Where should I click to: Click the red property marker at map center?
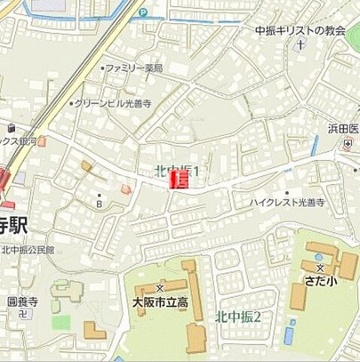(179, 179)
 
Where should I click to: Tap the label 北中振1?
(176, 172)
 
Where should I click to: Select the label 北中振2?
(238, 316)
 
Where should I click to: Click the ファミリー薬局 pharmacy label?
(134, 68)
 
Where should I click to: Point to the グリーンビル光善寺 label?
(113, 103)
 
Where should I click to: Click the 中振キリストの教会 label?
(300, 31)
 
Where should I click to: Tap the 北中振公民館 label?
(28, 250)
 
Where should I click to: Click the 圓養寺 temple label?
(17, 301)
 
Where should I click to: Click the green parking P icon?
(142, 11)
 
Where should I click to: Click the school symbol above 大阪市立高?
(159, 288)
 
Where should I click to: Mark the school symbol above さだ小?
(320, 268)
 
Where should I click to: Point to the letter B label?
(98, 203)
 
